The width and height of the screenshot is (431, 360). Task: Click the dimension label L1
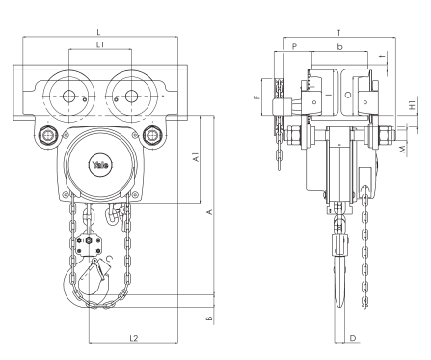pyautogui.click(x=101, y=44)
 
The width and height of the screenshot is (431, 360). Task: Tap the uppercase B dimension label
pyautogui.click(x=209, y=316)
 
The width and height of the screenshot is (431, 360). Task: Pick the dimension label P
pyautogui.click(x=294, y=44)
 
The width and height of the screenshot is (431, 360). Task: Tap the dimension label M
pyautogui.click(x=403, y=150)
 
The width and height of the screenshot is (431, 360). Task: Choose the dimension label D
pyautogui.click(x=354, y=337)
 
